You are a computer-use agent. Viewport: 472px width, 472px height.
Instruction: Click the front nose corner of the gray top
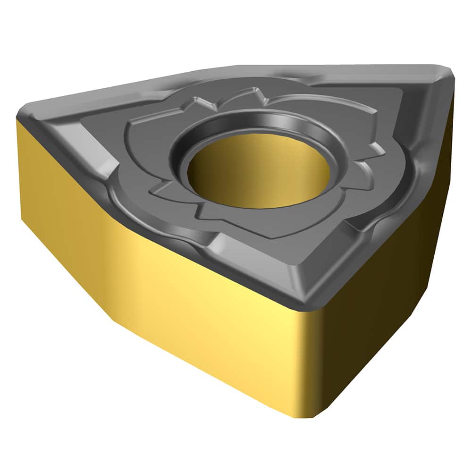coord(302,302)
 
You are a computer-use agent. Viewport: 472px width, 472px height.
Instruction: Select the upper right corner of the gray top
coord(448,76)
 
